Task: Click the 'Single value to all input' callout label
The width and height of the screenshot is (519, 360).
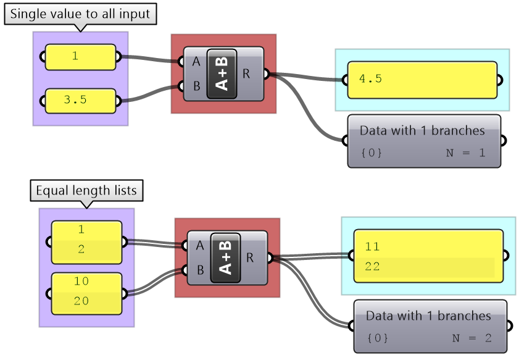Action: pos(80,14)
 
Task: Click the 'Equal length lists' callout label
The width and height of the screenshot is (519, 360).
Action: pos(86,191)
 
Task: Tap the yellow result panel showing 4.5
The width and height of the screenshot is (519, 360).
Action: pos(422,80)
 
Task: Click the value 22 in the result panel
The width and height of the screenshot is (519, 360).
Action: pos(372,267)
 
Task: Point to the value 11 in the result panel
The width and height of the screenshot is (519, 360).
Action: pos(372,246)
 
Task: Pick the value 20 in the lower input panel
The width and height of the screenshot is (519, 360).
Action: pos(81,301)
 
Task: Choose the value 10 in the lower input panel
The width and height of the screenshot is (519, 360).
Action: pos(81,281)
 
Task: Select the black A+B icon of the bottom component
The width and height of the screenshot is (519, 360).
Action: pos(226,257)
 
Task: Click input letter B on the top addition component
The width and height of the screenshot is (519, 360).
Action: pos(196,86)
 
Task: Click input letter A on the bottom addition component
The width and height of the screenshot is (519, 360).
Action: pos(199,245)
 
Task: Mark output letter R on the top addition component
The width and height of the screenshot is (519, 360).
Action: pos(246,73)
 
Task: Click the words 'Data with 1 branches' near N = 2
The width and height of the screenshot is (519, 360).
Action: pos(428,316)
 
